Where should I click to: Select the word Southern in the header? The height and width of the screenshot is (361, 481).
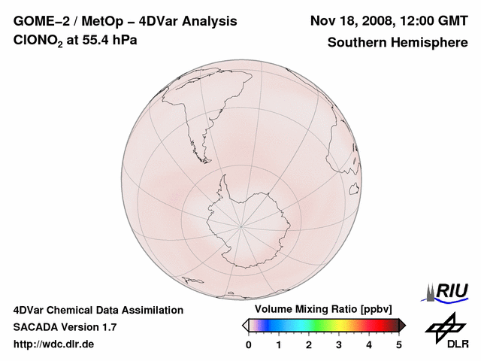pos(355,42)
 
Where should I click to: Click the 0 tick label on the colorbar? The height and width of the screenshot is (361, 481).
pos(249,344)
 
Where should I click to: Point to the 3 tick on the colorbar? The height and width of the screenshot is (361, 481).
pos(339,344)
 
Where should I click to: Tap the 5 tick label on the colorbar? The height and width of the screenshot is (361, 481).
pos(399,344)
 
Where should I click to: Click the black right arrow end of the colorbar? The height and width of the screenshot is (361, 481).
pos(402,325)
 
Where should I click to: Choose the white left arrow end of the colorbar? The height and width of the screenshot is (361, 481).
pos(245,325)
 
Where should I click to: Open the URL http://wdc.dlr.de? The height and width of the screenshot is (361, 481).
pos(54,344)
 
